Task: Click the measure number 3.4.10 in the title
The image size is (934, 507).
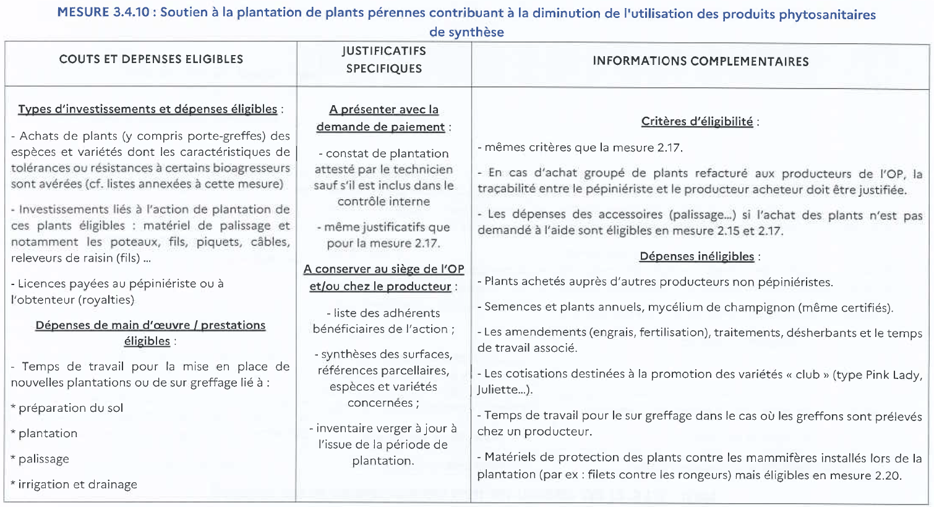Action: tap(131, 13)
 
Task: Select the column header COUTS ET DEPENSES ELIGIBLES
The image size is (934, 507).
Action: tap(151, 59)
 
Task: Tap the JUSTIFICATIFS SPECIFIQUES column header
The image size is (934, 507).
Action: tap(383, 59)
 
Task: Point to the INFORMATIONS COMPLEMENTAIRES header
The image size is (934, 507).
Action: tap(700, 61)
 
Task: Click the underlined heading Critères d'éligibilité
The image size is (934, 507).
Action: tap(696, 121)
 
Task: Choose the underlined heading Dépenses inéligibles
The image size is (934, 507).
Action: tap(696, 256)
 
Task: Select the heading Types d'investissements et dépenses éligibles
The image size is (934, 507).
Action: tap(147, 109)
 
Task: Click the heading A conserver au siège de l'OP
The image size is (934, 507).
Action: tap(383, 269)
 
